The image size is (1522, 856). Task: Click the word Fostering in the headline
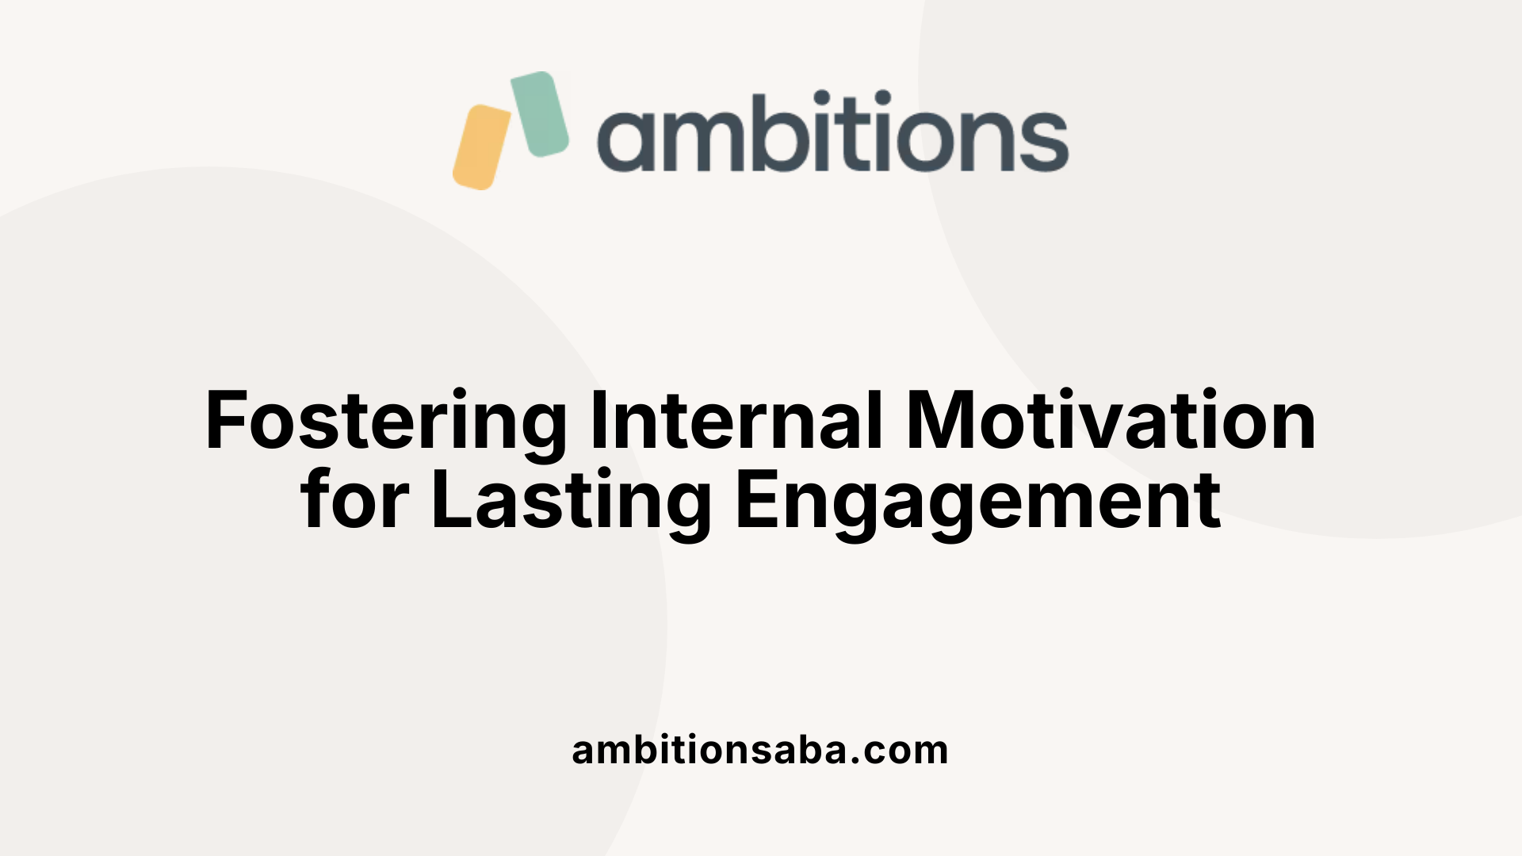pos(385,422)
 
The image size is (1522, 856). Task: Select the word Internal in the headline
pos(736,421)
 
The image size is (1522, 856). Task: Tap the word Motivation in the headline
pos(1111,421)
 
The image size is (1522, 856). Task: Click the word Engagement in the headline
pos(977,501)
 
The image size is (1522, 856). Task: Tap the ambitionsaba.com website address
pos(759,750)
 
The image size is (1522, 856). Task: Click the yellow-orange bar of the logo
pos(481,147)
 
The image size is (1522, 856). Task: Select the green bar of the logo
pos(540,113)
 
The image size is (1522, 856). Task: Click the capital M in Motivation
pos(939,421)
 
